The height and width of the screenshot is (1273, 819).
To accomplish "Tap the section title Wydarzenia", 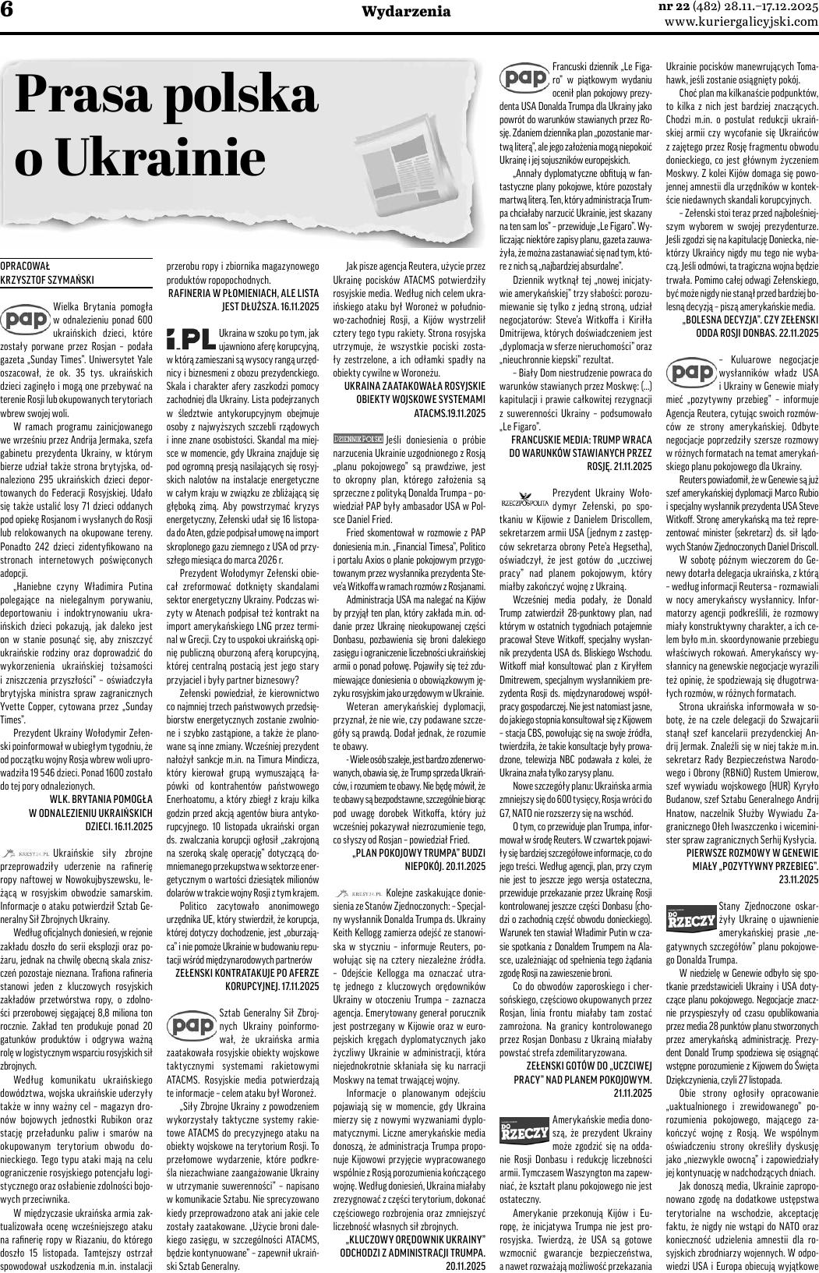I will pyautogui.click(x=407, y=11).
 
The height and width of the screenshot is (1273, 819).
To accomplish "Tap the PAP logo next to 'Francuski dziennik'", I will pyautogui.click(x=523, y=78).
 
